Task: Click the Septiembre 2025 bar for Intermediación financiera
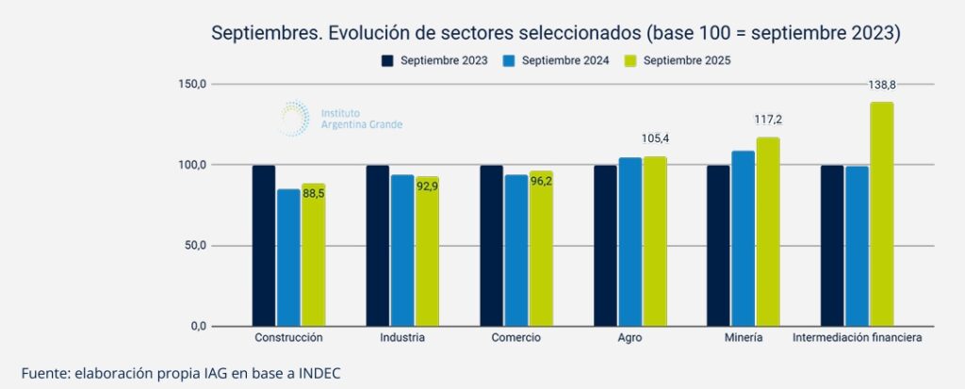tap(881, 215)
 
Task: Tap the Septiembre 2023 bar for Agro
tap(605, 246)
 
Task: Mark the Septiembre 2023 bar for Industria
tap(378, 246)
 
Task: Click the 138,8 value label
tap(882, 85)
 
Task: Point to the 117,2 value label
tap(769, 121)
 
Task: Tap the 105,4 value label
tap(654, 138)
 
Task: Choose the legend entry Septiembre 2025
tap(687, 61)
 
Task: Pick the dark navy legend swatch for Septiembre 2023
tap(387, 61)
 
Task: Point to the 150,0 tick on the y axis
tap(191, 85)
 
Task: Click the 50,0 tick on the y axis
tap(193, 246)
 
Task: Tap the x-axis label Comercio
tap(516, 337)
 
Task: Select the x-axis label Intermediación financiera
tap(857, 337)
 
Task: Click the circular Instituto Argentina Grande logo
tap(294, 119)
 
